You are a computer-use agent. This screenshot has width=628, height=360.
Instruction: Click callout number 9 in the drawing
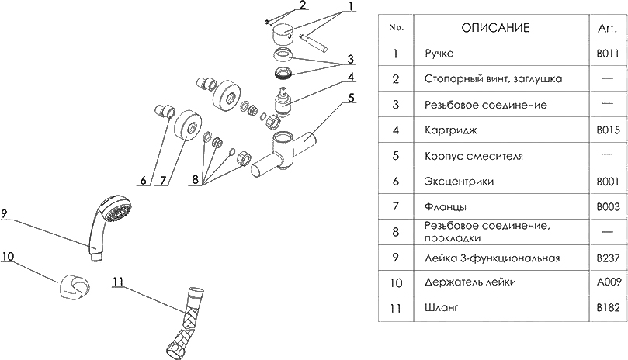[5, 214]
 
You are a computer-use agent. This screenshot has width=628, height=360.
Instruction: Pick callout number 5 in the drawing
[351, 97]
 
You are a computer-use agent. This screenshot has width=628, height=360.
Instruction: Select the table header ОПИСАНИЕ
[495, 28]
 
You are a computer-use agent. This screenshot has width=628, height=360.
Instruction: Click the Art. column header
[607, 28]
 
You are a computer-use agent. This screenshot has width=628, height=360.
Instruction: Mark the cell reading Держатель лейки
[470, 282]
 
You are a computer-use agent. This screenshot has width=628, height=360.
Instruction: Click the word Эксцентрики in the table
[460, 182]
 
